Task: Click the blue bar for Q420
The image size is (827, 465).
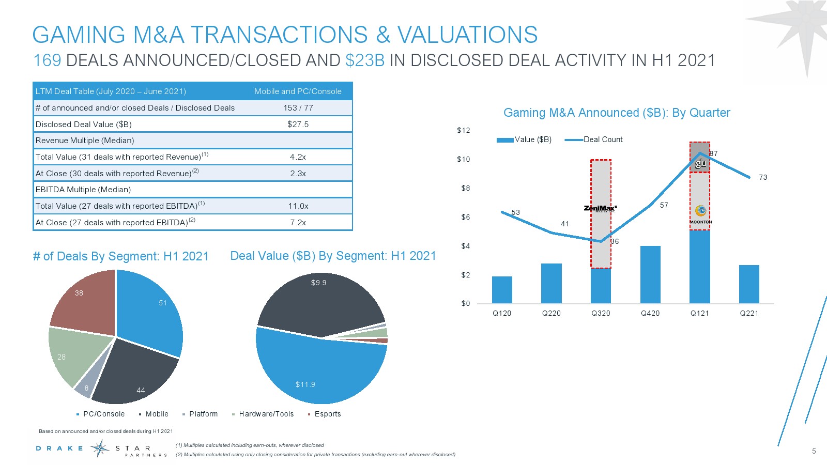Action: (x=650, y=274)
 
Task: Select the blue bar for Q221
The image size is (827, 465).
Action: (x=749, y=284)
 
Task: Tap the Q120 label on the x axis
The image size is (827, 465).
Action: (x=501, y=313)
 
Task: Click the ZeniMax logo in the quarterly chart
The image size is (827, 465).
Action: (x=600, y=208)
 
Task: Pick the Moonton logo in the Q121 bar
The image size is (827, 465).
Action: (x=700, y=213)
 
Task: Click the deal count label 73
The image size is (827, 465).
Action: (x=763, y=177)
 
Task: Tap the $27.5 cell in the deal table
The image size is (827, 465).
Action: (x=298, y=124)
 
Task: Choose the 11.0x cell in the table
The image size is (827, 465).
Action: (x=298, y=206)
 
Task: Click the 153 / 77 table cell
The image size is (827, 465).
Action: (x=298, y=108)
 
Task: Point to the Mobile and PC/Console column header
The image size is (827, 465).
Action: (x=298, y=91)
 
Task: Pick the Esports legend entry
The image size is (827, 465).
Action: (x=327, y=414)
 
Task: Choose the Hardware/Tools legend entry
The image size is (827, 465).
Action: (x=266, y=414)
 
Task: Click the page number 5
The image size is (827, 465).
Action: (x=814, y=451)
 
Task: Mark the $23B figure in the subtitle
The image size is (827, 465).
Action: (x=365, y=60)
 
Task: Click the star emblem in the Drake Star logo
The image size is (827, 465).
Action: (x=100, y=448)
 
